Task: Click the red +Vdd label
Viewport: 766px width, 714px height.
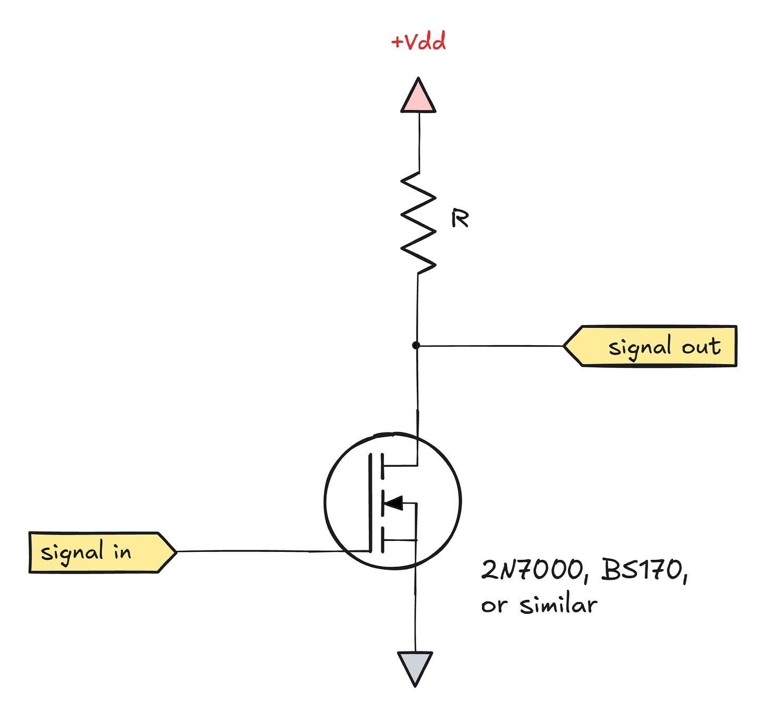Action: pos(419,42)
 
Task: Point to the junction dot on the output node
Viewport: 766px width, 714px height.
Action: pos(416,345)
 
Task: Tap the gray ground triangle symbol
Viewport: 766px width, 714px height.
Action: pos(415,666)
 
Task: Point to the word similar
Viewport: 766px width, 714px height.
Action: pos(558,605)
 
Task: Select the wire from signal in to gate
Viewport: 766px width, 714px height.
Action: pos(263,551)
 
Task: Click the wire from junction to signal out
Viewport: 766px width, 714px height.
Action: pos(489,346)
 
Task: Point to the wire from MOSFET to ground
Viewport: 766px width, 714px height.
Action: pos(415,610)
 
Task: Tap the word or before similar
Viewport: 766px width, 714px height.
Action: pos(494,606)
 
